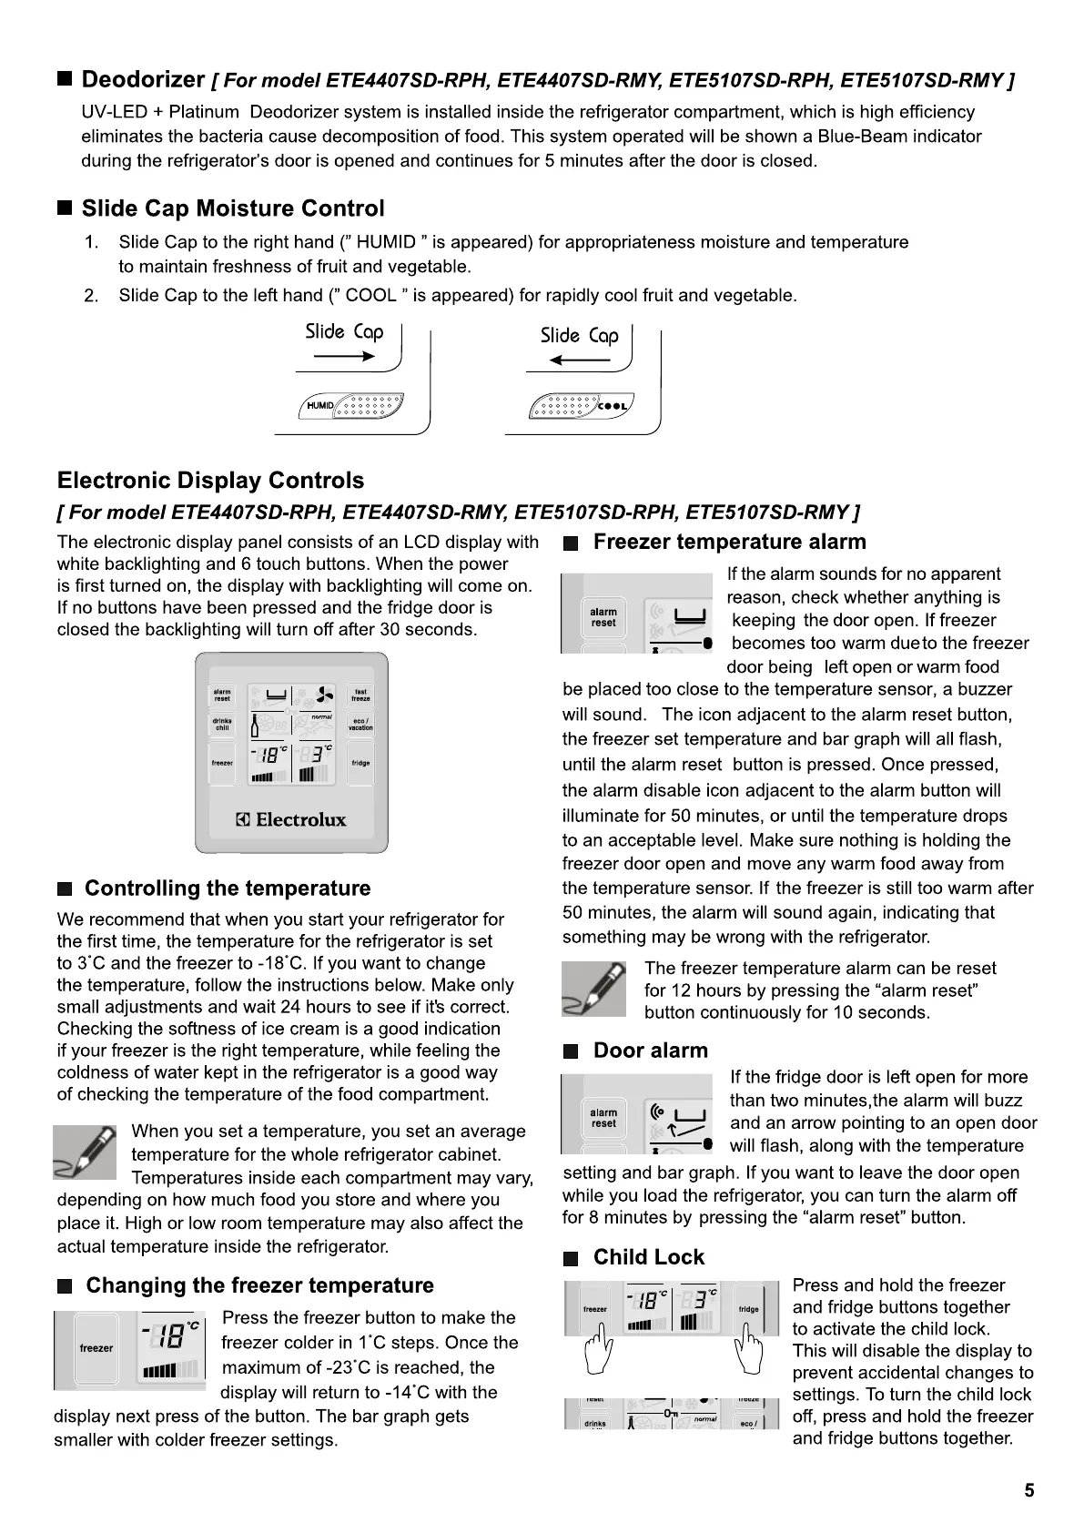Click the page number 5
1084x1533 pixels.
1028,1490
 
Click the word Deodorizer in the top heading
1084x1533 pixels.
143,79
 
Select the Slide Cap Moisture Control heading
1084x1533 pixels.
233,208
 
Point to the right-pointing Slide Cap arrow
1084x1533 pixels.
343,358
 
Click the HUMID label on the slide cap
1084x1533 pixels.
320,405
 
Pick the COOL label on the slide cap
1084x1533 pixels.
614,406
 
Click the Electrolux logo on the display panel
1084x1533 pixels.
292,819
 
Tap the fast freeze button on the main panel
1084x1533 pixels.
361,695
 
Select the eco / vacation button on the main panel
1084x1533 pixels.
361,725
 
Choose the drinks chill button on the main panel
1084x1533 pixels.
222,725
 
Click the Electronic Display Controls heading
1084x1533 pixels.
210,481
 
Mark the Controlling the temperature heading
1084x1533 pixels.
228,888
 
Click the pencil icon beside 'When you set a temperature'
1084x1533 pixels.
85,1151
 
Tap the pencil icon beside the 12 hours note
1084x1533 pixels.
594,989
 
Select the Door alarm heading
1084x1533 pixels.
650,1051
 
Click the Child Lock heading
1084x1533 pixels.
648,1257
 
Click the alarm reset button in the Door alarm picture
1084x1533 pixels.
603,1118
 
